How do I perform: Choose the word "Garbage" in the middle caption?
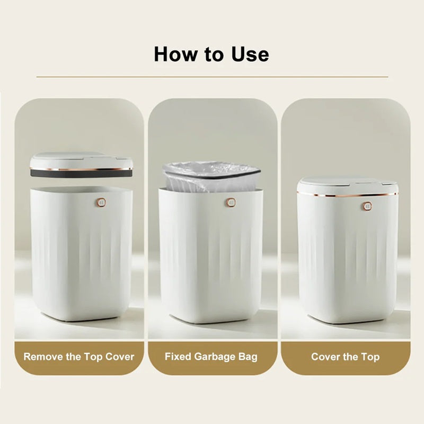point(215,356)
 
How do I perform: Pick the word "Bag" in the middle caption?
point(248,356)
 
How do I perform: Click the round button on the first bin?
point(101,202)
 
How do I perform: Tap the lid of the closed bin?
point(347,185)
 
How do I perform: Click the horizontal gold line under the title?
point(212,77)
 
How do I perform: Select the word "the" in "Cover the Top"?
point(350,356)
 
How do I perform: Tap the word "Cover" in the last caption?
point(325,356)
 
